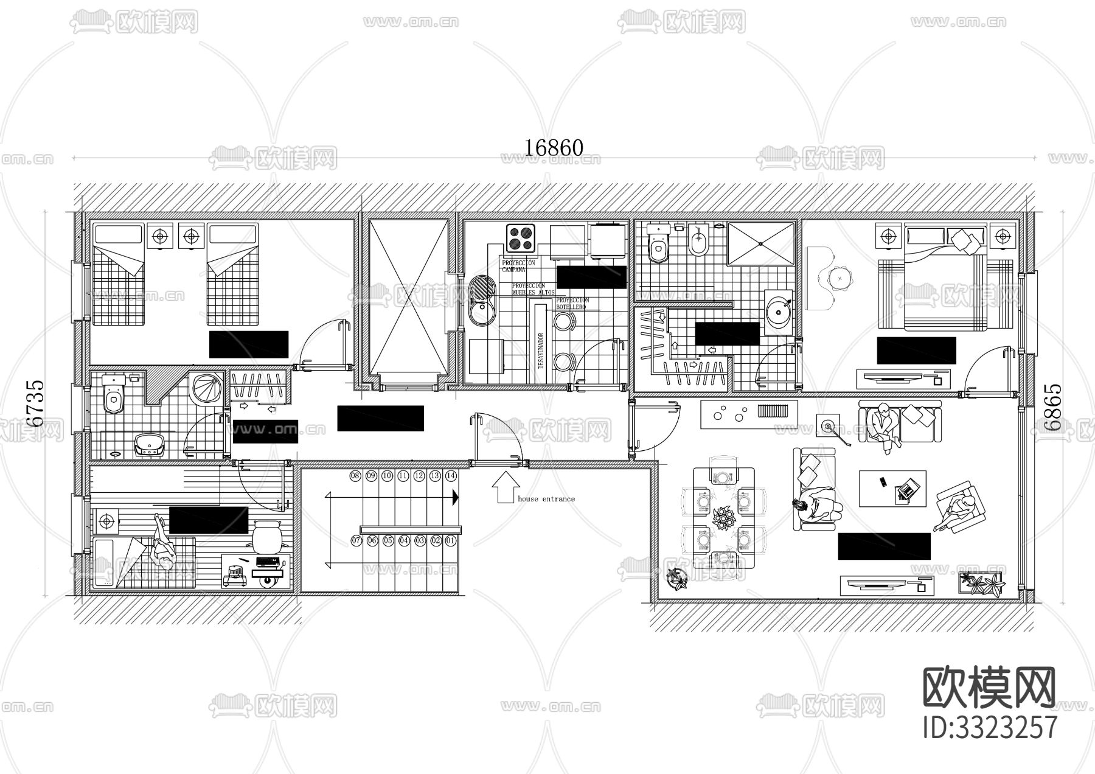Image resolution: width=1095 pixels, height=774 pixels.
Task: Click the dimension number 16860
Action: [554, 148]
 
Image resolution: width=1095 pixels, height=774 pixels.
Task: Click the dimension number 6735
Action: [35, 403]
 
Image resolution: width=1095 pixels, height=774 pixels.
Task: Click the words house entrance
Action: [546, 499]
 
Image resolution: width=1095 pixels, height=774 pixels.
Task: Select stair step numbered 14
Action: [451, 476]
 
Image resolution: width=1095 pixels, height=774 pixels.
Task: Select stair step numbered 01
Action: [451, 540]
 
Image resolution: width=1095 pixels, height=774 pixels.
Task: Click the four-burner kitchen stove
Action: [521, 238]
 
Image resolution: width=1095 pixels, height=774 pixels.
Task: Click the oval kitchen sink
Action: [483, 300]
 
